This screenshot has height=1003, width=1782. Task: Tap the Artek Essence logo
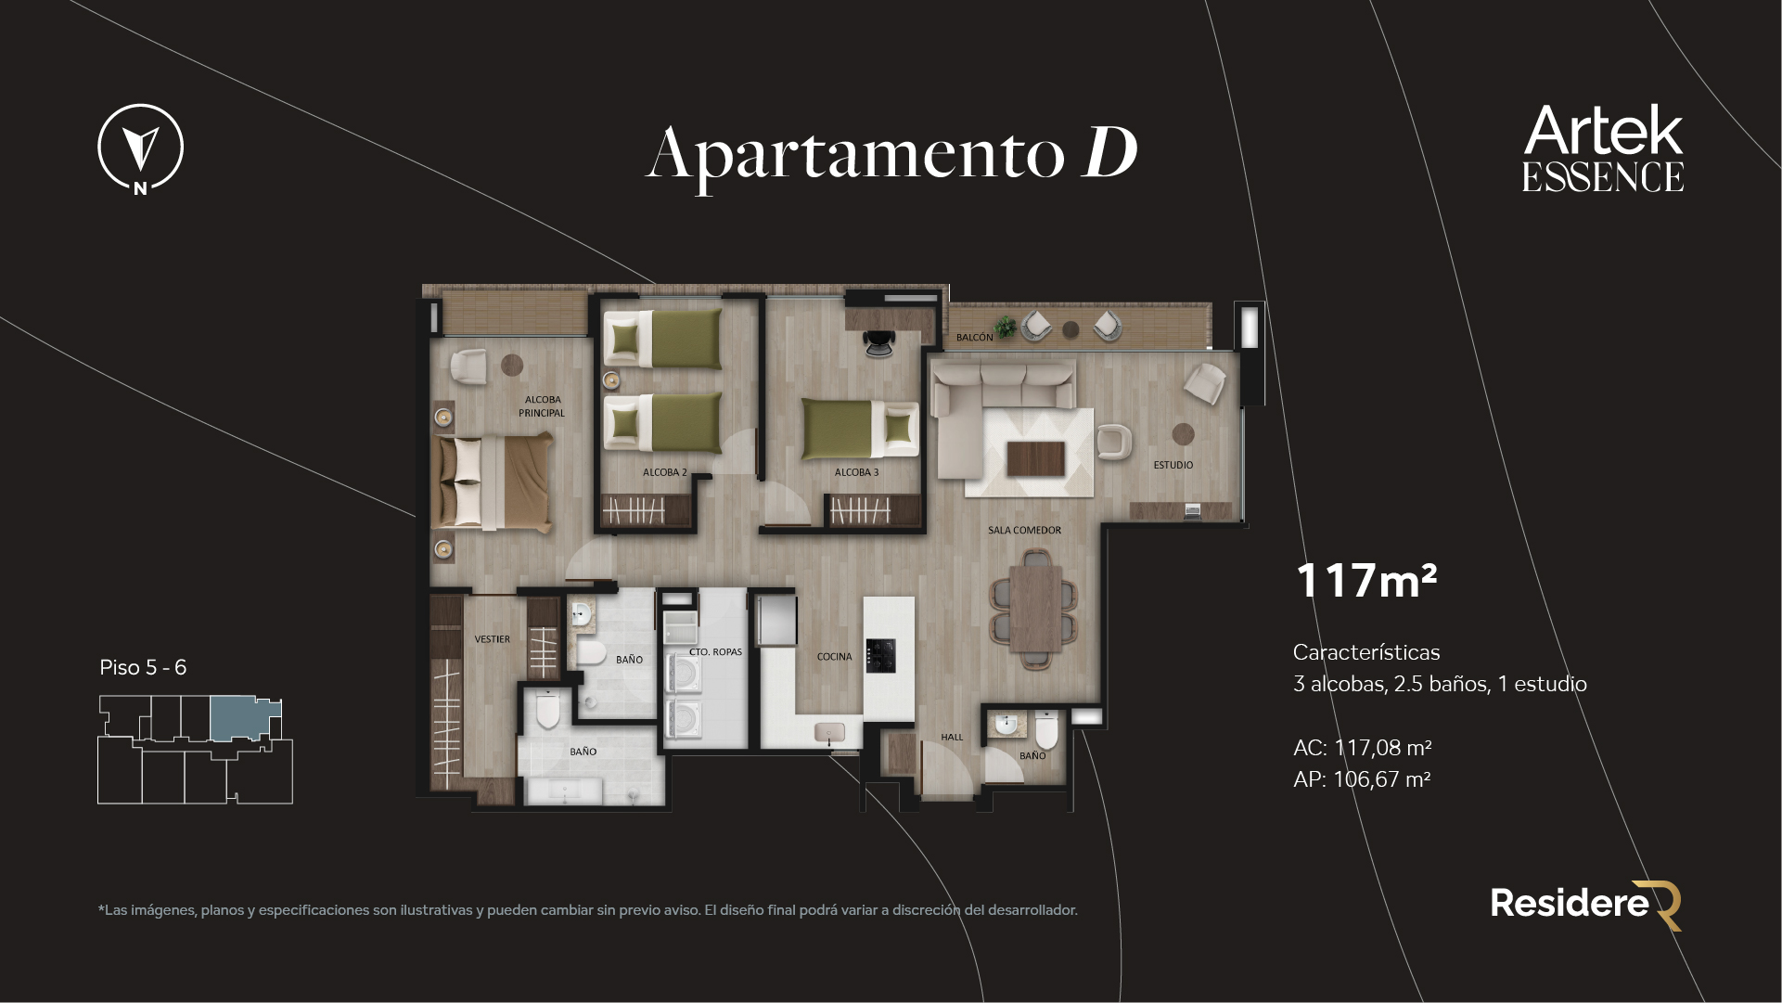click(x=1602, y=148)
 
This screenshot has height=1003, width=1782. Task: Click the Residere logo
click(x=1585, y=904)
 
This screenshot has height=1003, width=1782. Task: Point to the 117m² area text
click(x=1365, y=581)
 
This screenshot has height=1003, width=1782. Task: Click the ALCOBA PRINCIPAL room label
click(x=542, y=406)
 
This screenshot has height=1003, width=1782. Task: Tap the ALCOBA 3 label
click(x=855, y=472)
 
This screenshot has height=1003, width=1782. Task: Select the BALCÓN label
click(x=974, y=338)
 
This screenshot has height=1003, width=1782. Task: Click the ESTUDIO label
click(x=1173, y=465)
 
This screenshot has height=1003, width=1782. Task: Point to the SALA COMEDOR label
click(x=1024, y=531)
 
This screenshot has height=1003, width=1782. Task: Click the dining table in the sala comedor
click(x=1035, y=609)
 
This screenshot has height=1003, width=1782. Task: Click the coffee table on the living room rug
click(x=1035, y=456)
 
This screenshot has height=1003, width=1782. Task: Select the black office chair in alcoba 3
click(x=878, y=344)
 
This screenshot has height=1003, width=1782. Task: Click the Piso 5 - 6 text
click(x=143, y=668)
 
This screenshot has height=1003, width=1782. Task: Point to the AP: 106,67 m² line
click(x=1361, y=779)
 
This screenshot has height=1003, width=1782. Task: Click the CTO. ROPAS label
click(x=715, y=652)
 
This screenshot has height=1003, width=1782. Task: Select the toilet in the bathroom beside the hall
click(x=1046, y=733)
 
